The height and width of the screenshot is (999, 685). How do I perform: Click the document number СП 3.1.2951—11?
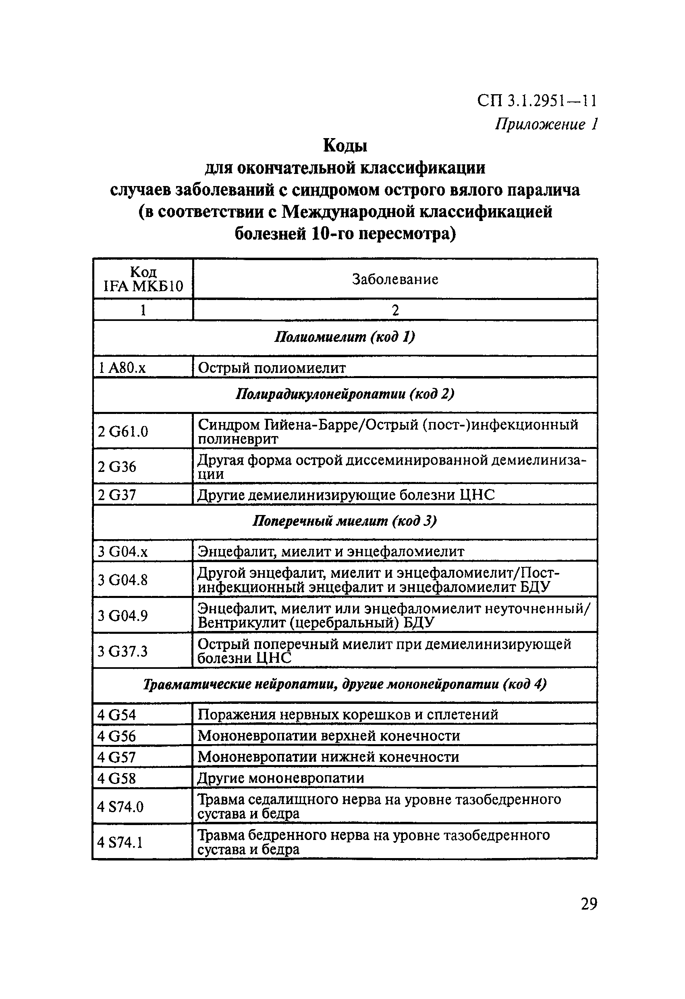coord(537,101)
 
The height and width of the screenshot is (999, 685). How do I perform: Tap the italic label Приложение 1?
coord(546,124)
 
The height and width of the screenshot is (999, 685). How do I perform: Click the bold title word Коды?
coord(345,146)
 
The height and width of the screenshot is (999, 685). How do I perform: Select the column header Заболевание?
coord(395,279)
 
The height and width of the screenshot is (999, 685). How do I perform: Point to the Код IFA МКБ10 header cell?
coord(143,279)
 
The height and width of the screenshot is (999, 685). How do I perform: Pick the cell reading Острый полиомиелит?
coord(272,368)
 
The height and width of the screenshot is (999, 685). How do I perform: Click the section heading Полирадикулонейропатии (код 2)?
coord(345,394)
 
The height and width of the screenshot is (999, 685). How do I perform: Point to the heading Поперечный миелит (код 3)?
coord(345,521)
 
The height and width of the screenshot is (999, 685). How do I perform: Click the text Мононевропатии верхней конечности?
coord(329,736)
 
